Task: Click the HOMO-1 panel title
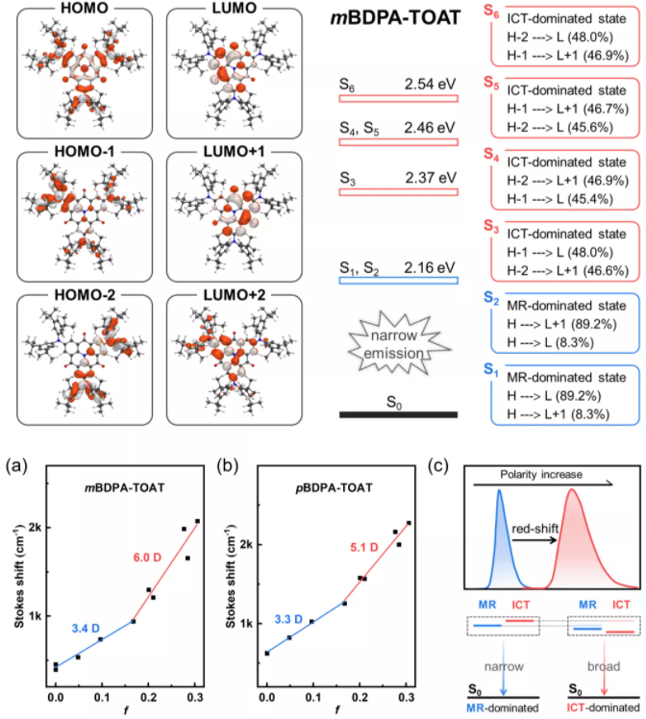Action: pos(83,161)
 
